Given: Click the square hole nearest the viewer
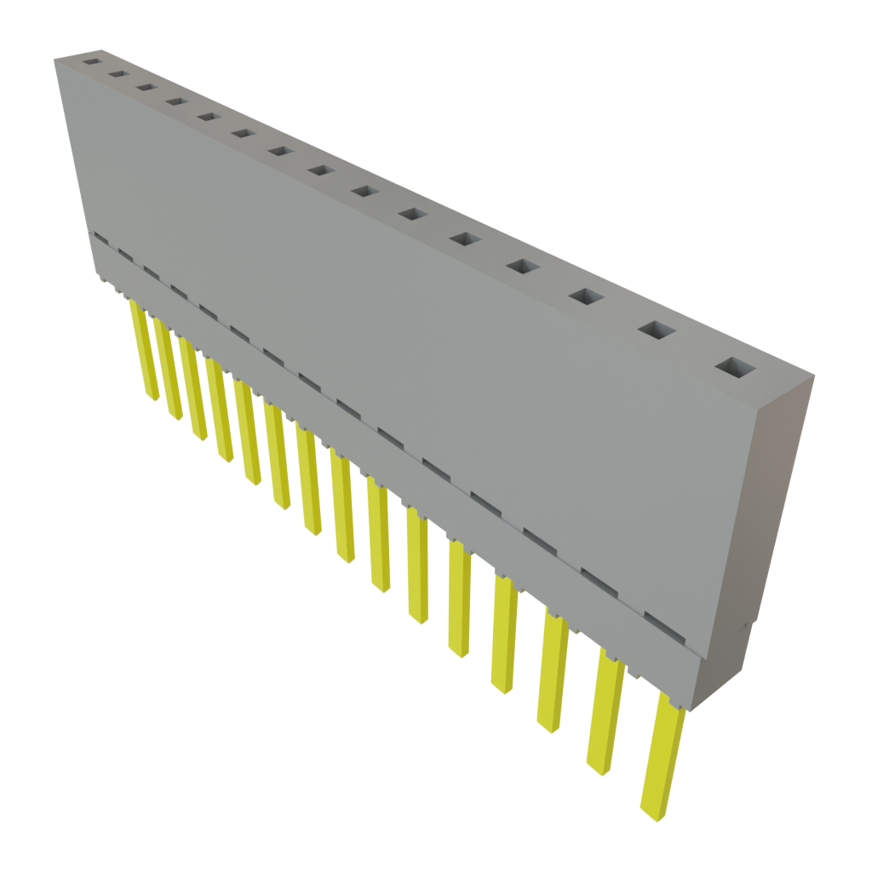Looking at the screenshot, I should pos(736,367).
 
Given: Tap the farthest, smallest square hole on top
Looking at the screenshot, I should pos(89,61).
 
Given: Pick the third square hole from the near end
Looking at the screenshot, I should pos(586,296).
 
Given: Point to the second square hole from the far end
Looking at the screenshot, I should pos(117,74).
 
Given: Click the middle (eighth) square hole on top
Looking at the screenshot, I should pos(320,170).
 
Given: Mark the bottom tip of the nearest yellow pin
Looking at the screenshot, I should pos(651,813).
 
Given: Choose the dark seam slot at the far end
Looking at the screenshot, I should pos(100,238).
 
